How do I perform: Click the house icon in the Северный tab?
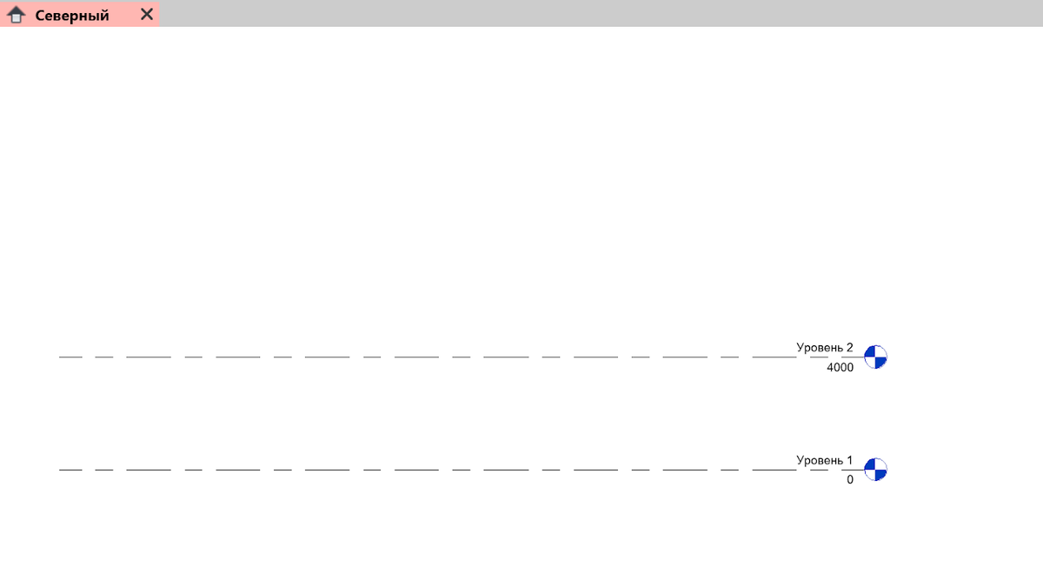[16, 15]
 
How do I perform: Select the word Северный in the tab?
[72, 16]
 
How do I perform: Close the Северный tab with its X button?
[147, 14]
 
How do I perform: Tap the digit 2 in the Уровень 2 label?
[849, 348]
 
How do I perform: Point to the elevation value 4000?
[840, 368]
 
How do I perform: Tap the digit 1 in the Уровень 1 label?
[849, 460]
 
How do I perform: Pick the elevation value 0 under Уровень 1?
[850, 479]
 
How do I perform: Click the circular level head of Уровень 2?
[875, 357]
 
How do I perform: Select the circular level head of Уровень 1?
[875, 470]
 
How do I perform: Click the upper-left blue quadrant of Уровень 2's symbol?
[870, 351]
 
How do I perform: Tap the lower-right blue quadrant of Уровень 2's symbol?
[880, 362]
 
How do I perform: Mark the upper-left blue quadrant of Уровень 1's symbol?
[870, 464]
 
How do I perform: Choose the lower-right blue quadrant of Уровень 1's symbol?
[880, 475]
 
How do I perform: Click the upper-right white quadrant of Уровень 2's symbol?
[880, 351]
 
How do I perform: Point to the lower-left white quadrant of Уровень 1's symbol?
[870, 475]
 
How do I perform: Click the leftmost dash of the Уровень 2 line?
[70, 357]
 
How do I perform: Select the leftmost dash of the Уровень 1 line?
[70, 470]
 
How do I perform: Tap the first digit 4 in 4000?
[830, 368]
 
